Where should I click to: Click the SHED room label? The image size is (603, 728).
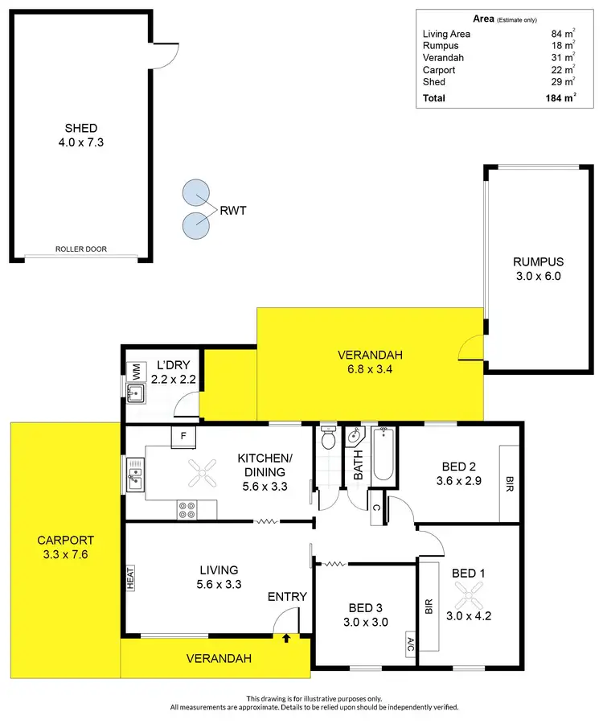[x=81, y=128]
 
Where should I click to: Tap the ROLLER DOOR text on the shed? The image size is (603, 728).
[x=80, y=249]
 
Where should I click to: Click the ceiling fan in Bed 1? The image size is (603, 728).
[x=469, y=596]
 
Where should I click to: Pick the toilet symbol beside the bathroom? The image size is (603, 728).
[x=328, y=440]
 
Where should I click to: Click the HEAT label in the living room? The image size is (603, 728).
[x=130, y=578]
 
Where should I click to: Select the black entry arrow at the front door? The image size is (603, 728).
[x=286, y=638]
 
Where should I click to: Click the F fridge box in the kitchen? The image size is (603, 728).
[x=183, y=436]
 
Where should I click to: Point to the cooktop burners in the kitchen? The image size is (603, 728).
[x=187, y=509]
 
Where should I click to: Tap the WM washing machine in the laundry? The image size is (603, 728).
[x=136, y=373]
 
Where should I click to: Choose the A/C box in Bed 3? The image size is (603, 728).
[x=409, y=644]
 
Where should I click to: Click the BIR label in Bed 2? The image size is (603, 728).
[x=508, y=483]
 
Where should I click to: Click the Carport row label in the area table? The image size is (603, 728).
[x=439, y=70]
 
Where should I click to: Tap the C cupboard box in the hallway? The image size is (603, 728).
[x=376, y=508]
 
